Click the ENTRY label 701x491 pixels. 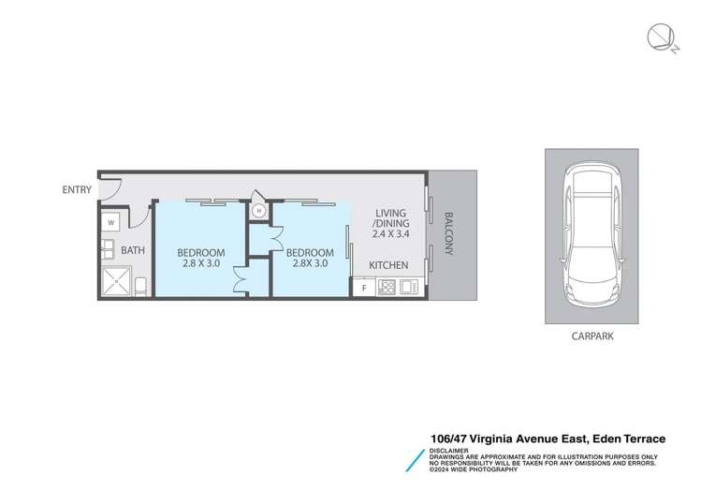pyautogui.click(x=77, y=189)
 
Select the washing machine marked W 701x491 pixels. pyautogui.click(x=110, y=223)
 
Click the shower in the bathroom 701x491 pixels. pyautogui.click(x=116, y=281)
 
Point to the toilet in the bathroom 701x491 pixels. pyautogui.click(x=140, y=285)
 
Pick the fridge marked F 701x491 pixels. pyautogui.click(x=364, y=288)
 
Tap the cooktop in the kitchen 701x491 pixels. pyautogui.click(x=385, y=288)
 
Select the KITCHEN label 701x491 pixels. pyautogui.click(x=388, y=266)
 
